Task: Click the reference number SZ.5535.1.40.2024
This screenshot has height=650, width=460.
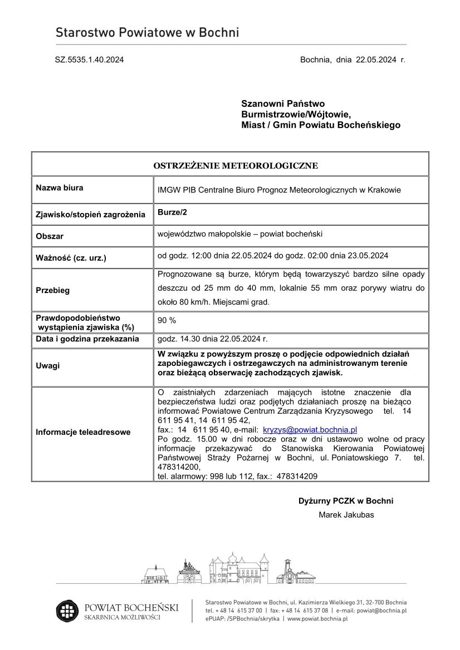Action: pos(89,60)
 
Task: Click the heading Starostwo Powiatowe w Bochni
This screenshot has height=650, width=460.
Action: pos(147,33)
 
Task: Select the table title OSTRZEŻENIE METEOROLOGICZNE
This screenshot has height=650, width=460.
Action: pos(236,166)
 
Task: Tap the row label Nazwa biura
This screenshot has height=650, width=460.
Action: pos(60,188)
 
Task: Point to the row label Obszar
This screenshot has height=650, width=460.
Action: pos(50,236)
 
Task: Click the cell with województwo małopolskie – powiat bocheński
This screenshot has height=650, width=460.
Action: pos(240,234)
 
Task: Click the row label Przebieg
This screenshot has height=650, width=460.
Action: pos(53,290)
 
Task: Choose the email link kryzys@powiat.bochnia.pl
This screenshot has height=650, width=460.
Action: pos(310,430)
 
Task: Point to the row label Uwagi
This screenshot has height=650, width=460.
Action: pos(47,366)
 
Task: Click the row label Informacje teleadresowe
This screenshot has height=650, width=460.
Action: pos(83,432)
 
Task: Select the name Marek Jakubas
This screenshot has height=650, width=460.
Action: pos(346,515)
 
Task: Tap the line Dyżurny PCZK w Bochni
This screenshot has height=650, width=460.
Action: pos(346,500)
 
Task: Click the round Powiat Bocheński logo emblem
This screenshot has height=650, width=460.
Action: pos(68,611)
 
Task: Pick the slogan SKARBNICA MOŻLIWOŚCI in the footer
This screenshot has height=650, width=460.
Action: pos(122,618)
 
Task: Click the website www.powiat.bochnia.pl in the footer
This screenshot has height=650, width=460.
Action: pos(317,618)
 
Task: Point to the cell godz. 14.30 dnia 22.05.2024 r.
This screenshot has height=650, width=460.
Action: pos(213,339)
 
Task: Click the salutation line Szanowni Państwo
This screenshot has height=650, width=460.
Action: pos(283,103)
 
